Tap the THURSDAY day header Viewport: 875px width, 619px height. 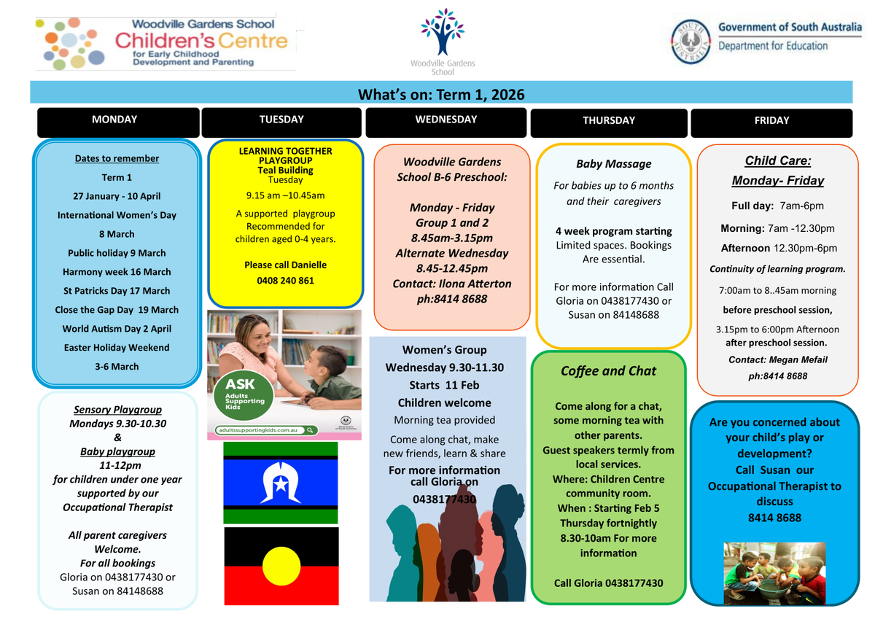pyautogui.click(x=609, y=123)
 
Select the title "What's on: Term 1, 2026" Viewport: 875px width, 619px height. pyautogui.click(x=441, y=95)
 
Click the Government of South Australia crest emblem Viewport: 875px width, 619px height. pyautogui.click(x=691, y=42)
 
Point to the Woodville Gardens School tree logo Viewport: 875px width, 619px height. pyautogui.click(x=443, y=32)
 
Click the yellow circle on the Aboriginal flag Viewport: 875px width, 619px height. pyautogui.click(x=281, y=566)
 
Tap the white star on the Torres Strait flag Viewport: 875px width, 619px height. pyautogui.click(x=281, y=485)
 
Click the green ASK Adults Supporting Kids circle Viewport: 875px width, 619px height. pyautogui.click(x=243, y=395)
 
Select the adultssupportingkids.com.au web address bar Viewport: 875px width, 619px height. pyautogui.click(x=266, y=430)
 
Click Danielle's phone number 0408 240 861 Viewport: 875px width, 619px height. pyautogui.click(x=285, y=281)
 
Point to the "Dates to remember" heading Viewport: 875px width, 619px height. pyautogui.click(x=117, y=158)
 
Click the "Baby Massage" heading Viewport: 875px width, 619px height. pyautogui.click(x=614, y=164)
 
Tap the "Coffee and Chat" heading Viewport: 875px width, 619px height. pyautogui.click(x=608, y=371)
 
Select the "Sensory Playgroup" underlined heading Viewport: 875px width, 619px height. pyautogui.click(x=117, y=409)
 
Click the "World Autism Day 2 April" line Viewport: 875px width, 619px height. pyautogui.click(x=117, y=329)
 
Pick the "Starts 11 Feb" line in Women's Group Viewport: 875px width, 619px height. pyautogui.click(x=444, y=385)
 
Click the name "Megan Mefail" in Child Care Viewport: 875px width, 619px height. pyautogui.click(x=798, y=359)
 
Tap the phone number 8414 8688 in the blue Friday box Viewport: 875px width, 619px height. pyautogui.click(x=774, y=518)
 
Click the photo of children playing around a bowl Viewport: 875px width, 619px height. pyautogui.click(x=774, y=573)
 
